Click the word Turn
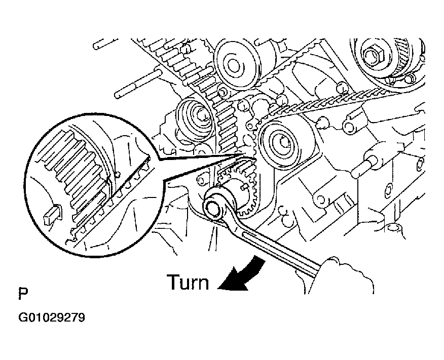(188, 282)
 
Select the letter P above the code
(23, 294)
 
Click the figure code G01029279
(52, 317)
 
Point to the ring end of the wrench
(214, 207)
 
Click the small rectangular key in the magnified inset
(52, 214)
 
